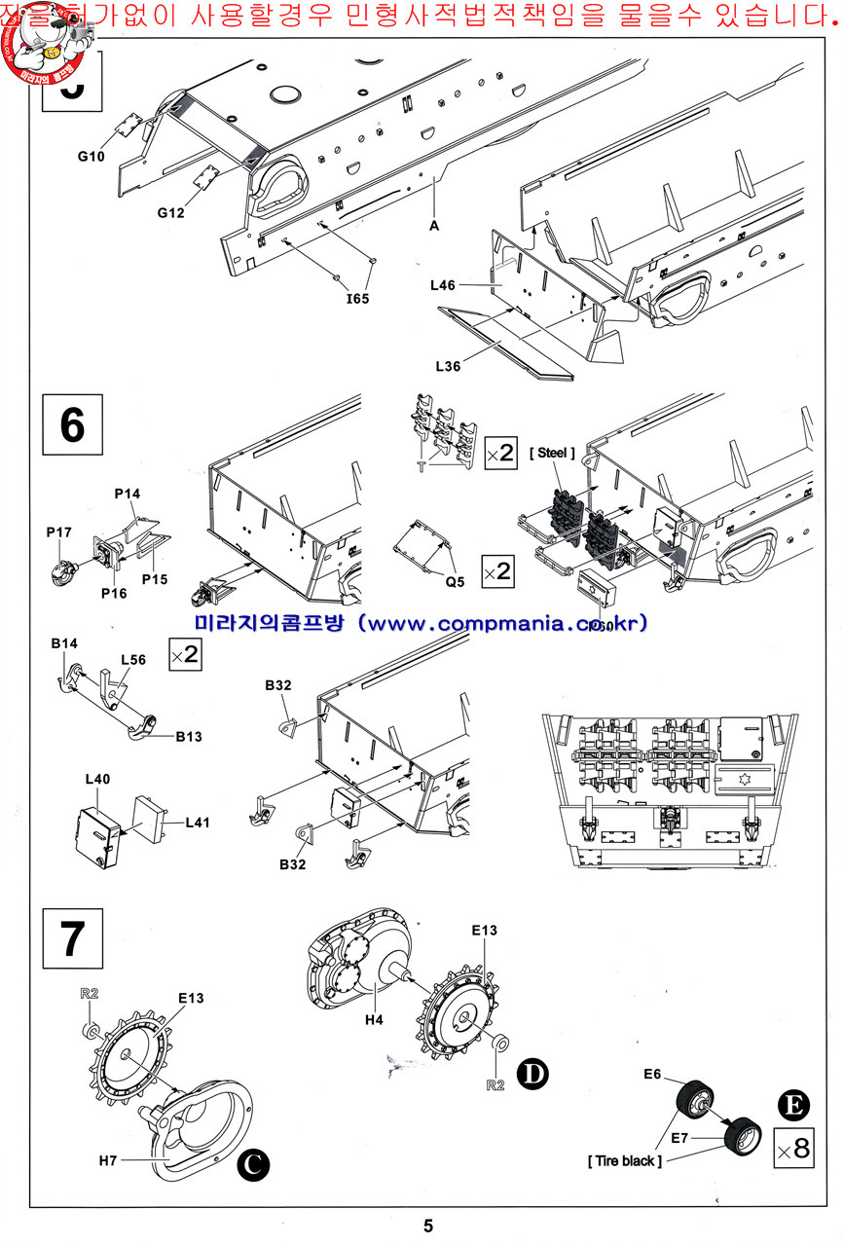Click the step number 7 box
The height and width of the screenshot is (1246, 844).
(72, 937)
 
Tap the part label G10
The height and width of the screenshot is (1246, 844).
(92, 156)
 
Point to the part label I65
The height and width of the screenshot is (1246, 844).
(357, 298)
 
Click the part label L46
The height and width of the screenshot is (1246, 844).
(445, 286)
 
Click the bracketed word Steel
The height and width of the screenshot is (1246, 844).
(552, 453)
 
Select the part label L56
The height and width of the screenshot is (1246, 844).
(133, 659)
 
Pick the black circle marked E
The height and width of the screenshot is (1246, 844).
(792, 1105)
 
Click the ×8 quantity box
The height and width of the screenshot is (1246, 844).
(792, 1148)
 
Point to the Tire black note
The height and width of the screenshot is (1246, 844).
(624, 1160)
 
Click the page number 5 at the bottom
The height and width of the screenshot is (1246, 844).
(427, 1227)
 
